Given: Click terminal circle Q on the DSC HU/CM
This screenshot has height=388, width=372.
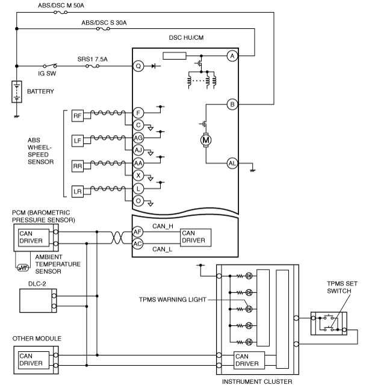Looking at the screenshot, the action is click(138, 66).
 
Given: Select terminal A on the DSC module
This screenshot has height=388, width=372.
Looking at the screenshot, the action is click(232, 56).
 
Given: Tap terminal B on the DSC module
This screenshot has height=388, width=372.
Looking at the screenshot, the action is click(232, 104).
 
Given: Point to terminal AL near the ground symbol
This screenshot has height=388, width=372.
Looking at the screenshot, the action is click(232, 163).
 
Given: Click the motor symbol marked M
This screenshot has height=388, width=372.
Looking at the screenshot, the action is click(206, 140).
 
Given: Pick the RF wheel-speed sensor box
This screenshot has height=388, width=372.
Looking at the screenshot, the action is click(78, 115).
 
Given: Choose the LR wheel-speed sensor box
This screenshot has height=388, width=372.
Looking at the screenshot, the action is click(78, 191).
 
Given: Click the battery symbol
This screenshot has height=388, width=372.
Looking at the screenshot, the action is click(17, 92).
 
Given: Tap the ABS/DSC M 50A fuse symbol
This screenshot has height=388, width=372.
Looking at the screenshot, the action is click(60, 13).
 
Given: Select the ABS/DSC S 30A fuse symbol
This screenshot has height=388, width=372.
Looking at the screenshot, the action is click(103, 29).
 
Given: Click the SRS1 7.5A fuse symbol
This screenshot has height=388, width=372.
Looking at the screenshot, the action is click(92, 66).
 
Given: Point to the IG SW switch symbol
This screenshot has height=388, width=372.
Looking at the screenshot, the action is click(50, 66).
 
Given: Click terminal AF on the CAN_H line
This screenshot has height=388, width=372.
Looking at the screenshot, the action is click(138, 232).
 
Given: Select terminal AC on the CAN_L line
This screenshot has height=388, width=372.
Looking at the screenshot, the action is click(138, 244).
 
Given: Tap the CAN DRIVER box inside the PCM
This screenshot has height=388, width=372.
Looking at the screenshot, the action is click(34, 238).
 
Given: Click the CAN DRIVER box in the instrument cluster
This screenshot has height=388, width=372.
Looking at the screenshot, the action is click(249, 360).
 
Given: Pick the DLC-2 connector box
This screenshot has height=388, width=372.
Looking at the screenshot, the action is click(38, 301).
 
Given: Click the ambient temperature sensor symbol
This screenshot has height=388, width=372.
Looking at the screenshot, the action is click(22, 268).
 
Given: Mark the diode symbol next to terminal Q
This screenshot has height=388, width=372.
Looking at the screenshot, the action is click(153, 66).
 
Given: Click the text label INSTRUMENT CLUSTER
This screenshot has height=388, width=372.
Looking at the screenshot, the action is click(257, 381).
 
